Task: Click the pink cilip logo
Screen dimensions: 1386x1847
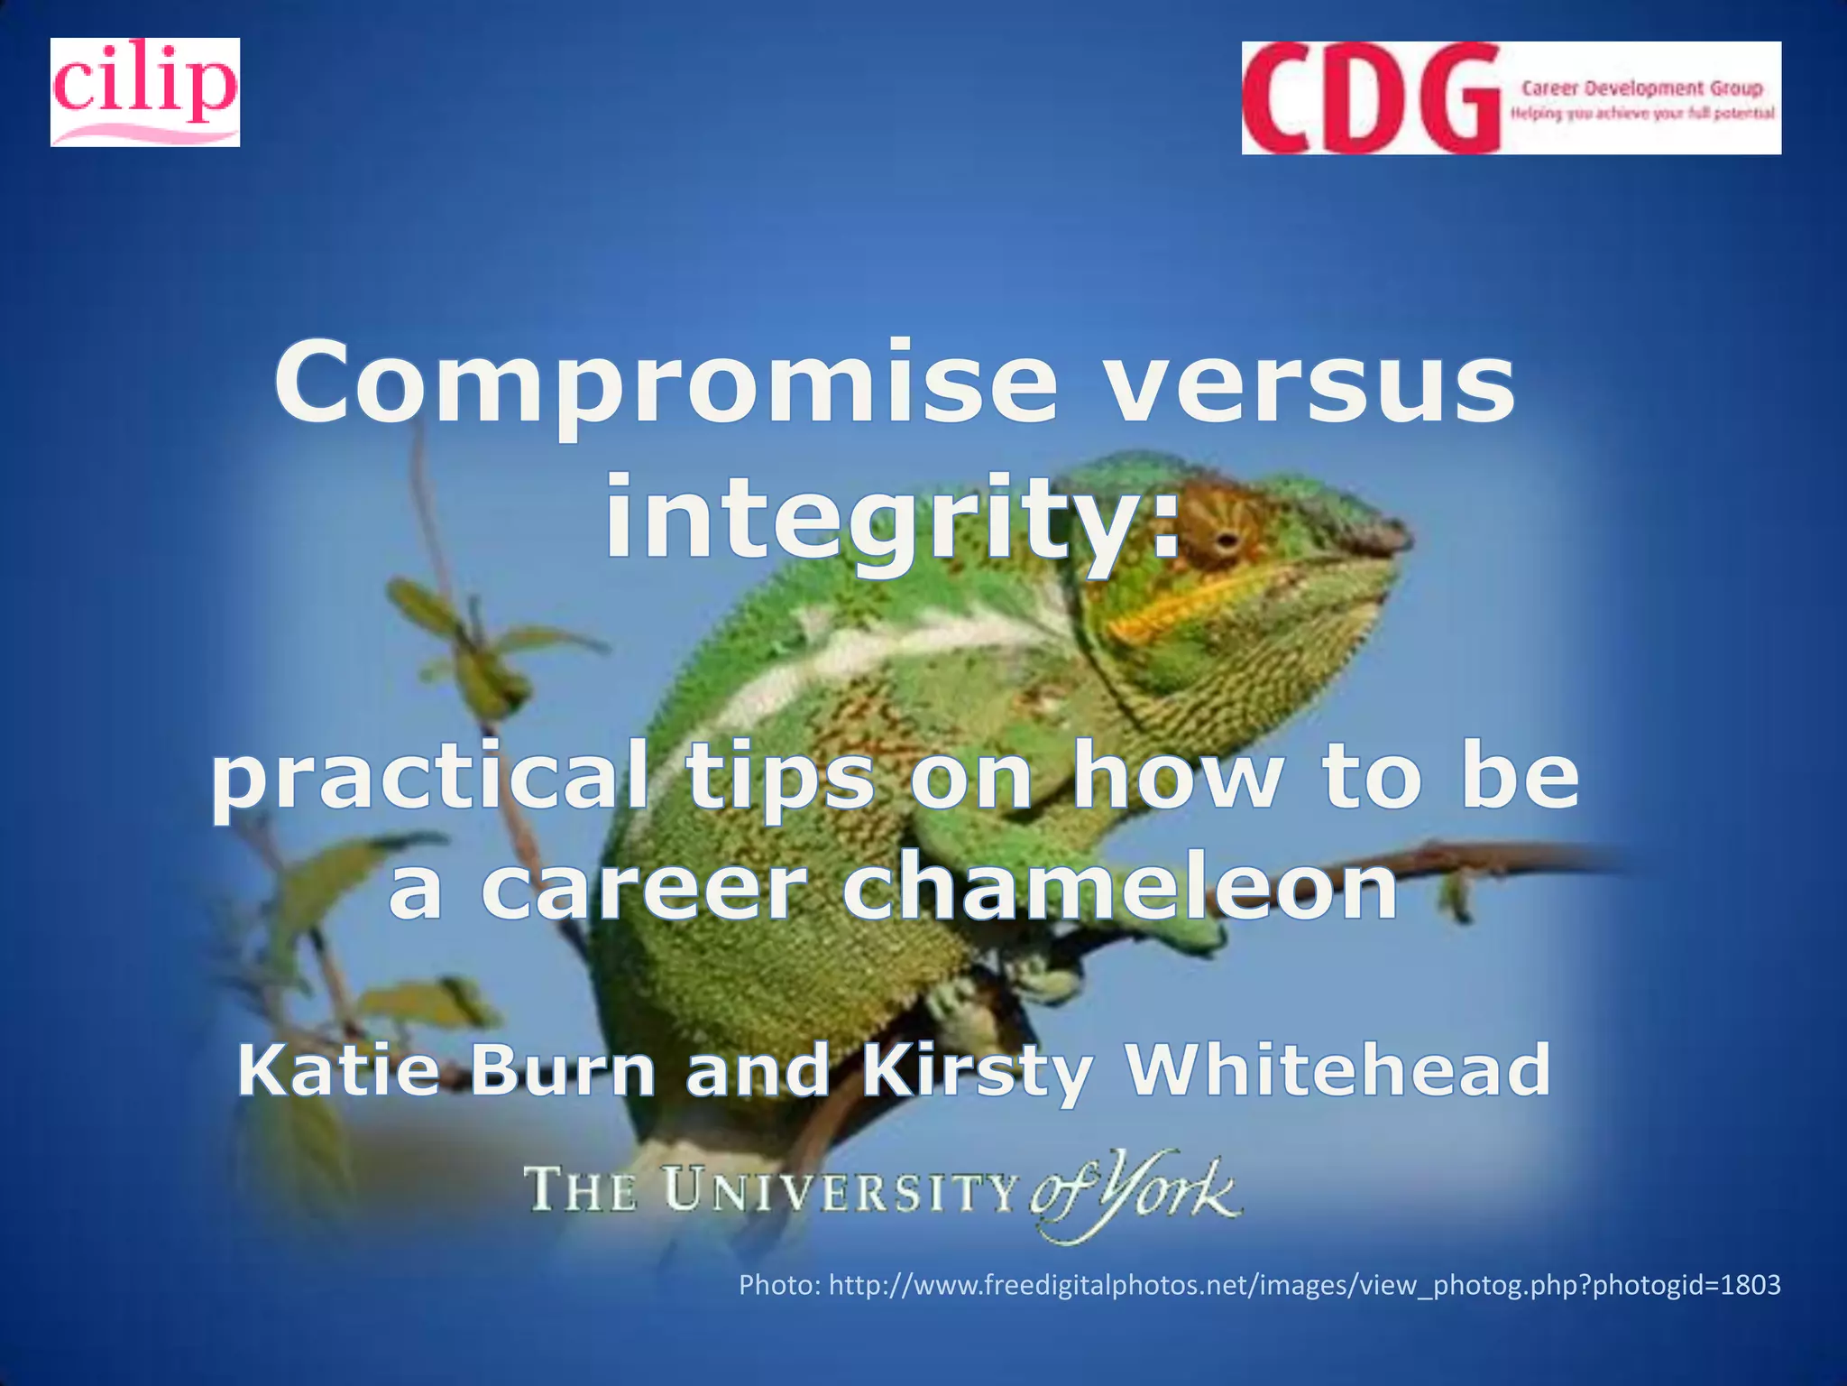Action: pyautogui.click(x=144, y=91)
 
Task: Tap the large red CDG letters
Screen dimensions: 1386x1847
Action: pyautogui.click(x=1369, y=98)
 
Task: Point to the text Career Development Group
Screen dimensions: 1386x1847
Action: pyautogui.click(x=1641, y=88)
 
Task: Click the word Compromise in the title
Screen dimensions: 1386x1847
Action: pyautogui.click(x=666, y=383)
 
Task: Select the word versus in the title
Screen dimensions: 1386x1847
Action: pyautogui.click(x=1309, y=383)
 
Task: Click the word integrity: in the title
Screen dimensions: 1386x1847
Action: pyautogui.click(x=892, y=521)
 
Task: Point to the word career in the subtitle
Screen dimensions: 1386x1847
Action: pyautogui.click(x=642, y=889)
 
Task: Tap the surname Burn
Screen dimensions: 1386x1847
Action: pyautogui.click(x=564, y=1071)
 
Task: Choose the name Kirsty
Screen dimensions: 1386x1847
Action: pyautogui.click(x=977, y=1071)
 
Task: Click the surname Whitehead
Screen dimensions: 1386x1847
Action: pyautogui.click(x=1339, y=1071)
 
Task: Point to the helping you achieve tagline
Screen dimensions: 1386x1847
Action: pyautogui.click(x=1642, y=114)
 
